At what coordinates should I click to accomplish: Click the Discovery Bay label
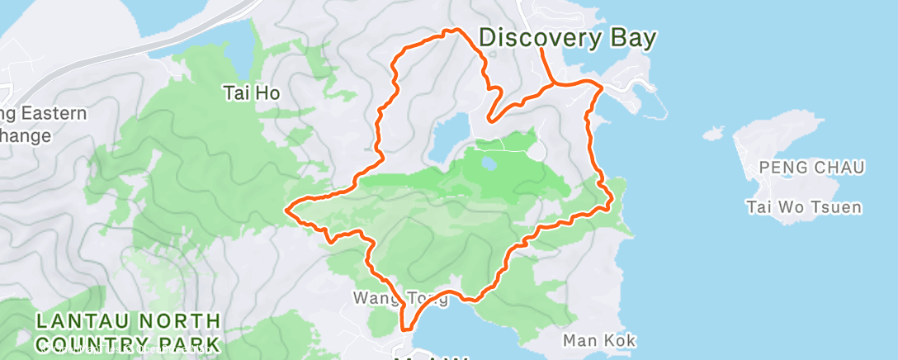[x=568, y=38]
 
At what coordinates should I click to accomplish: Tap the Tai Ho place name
[x=252, y=93]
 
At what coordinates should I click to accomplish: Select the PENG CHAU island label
[x=811, y=168]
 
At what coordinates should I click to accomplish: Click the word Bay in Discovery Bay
[x=632, y=38]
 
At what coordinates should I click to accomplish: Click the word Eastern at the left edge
[x=50, y=113]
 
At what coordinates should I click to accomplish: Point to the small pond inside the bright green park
[x=489, y=163]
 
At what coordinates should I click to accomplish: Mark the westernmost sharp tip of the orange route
[x=286, y=210]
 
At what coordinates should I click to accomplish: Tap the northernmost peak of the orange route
[x=451, y=31]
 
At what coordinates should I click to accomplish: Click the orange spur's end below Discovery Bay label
[x=541, y=50]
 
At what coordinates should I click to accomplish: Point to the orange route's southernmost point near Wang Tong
[x=404, y=328]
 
